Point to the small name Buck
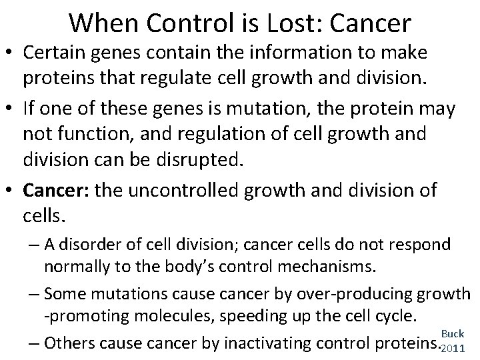click(453, 332)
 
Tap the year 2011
click(453, 348)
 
